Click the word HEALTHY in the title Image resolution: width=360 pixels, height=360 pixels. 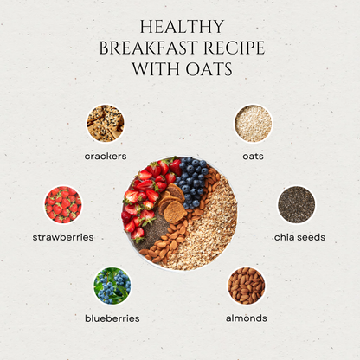(180, 27)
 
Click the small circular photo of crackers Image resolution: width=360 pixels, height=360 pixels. (106, 124)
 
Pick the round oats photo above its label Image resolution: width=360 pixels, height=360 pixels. (253, 124)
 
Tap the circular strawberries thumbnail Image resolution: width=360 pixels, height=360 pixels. (63, 204)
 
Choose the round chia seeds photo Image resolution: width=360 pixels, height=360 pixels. (296, 204)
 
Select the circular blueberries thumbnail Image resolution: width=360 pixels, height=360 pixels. (112, 285)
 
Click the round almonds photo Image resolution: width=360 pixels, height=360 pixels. (247, 285)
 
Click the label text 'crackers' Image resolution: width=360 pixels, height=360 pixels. (106, 156)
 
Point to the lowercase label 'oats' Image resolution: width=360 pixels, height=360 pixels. (253, 156)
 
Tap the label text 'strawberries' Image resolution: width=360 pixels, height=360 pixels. (63, 237)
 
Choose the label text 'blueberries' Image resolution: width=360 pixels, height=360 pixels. (112, 318)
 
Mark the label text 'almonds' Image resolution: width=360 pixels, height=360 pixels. (247, 318)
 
